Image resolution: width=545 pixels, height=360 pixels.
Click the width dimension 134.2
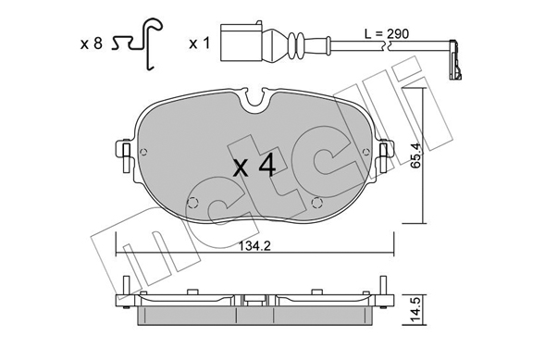pyautogui.click(x=254, y=246)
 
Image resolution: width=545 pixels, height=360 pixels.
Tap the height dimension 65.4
pyautogui.click(x=415, y=155)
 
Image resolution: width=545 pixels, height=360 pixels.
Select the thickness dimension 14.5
pyautogui.click(x=417, y=309)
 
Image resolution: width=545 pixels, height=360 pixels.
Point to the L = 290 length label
pyautogui.click(x=387, y=33)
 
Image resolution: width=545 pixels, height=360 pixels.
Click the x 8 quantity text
pyautogui.click(x=91, y=43)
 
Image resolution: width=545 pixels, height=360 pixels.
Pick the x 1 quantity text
pyautogui.click(x=199, y=43)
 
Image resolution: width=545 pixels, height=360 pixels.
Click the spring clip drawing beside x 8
pyautogui.click(x=137, y=43)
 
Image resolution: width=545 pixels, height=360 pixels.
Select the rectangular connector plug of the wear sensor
pyautogui.click(x=242, y=42)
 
